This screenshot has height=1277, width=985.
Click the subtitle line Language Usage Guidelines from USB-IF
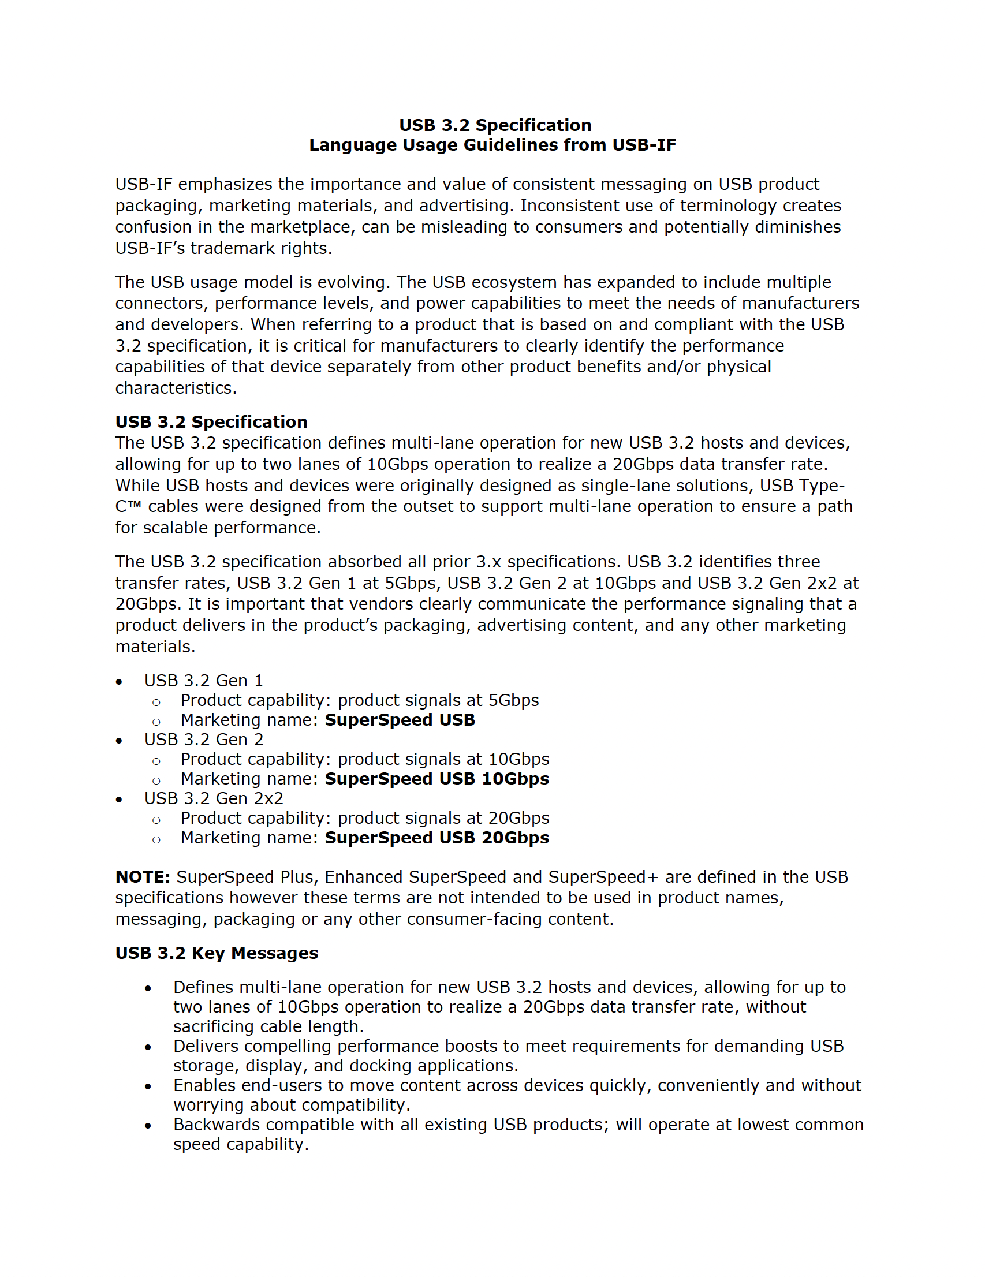tap(493, 145)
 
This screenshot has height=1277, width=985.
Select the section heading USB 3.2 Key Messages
tap(217, 953)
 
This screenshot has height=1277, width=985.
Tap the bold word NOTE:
tap(143, 877)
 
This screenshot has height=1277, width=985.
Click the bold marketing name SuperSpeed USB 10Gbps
tap(437, 779)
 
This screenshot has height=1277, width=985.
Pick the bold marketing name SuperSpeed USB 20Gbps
tap(437, 838)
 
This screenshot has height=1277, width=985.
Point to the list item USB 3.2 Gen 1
tap(204, 681)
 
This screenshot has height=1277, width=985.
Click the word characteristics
tap(175, 389)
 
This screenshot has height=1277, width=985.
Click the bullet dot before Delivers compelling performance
tap(148, 1047)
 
